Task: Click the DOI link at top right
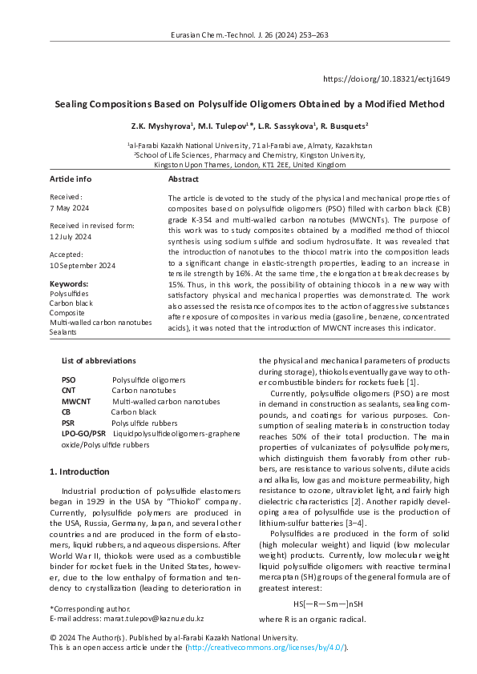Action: point(386,79)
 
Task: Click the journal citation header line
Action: point(249,35)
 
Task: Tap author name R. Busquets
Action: point(342,126)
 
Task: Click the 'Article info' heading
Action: point(71,179)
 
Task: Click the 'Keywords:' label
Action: point(68,284)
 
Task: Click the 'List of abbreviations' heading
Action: point(99,361)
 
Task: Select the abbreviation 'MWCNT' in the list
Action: point(76,402)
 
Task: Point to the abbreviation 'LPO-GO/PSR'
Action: point(83,433)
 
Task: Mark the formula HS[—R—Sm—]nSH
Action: point(328,603)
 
